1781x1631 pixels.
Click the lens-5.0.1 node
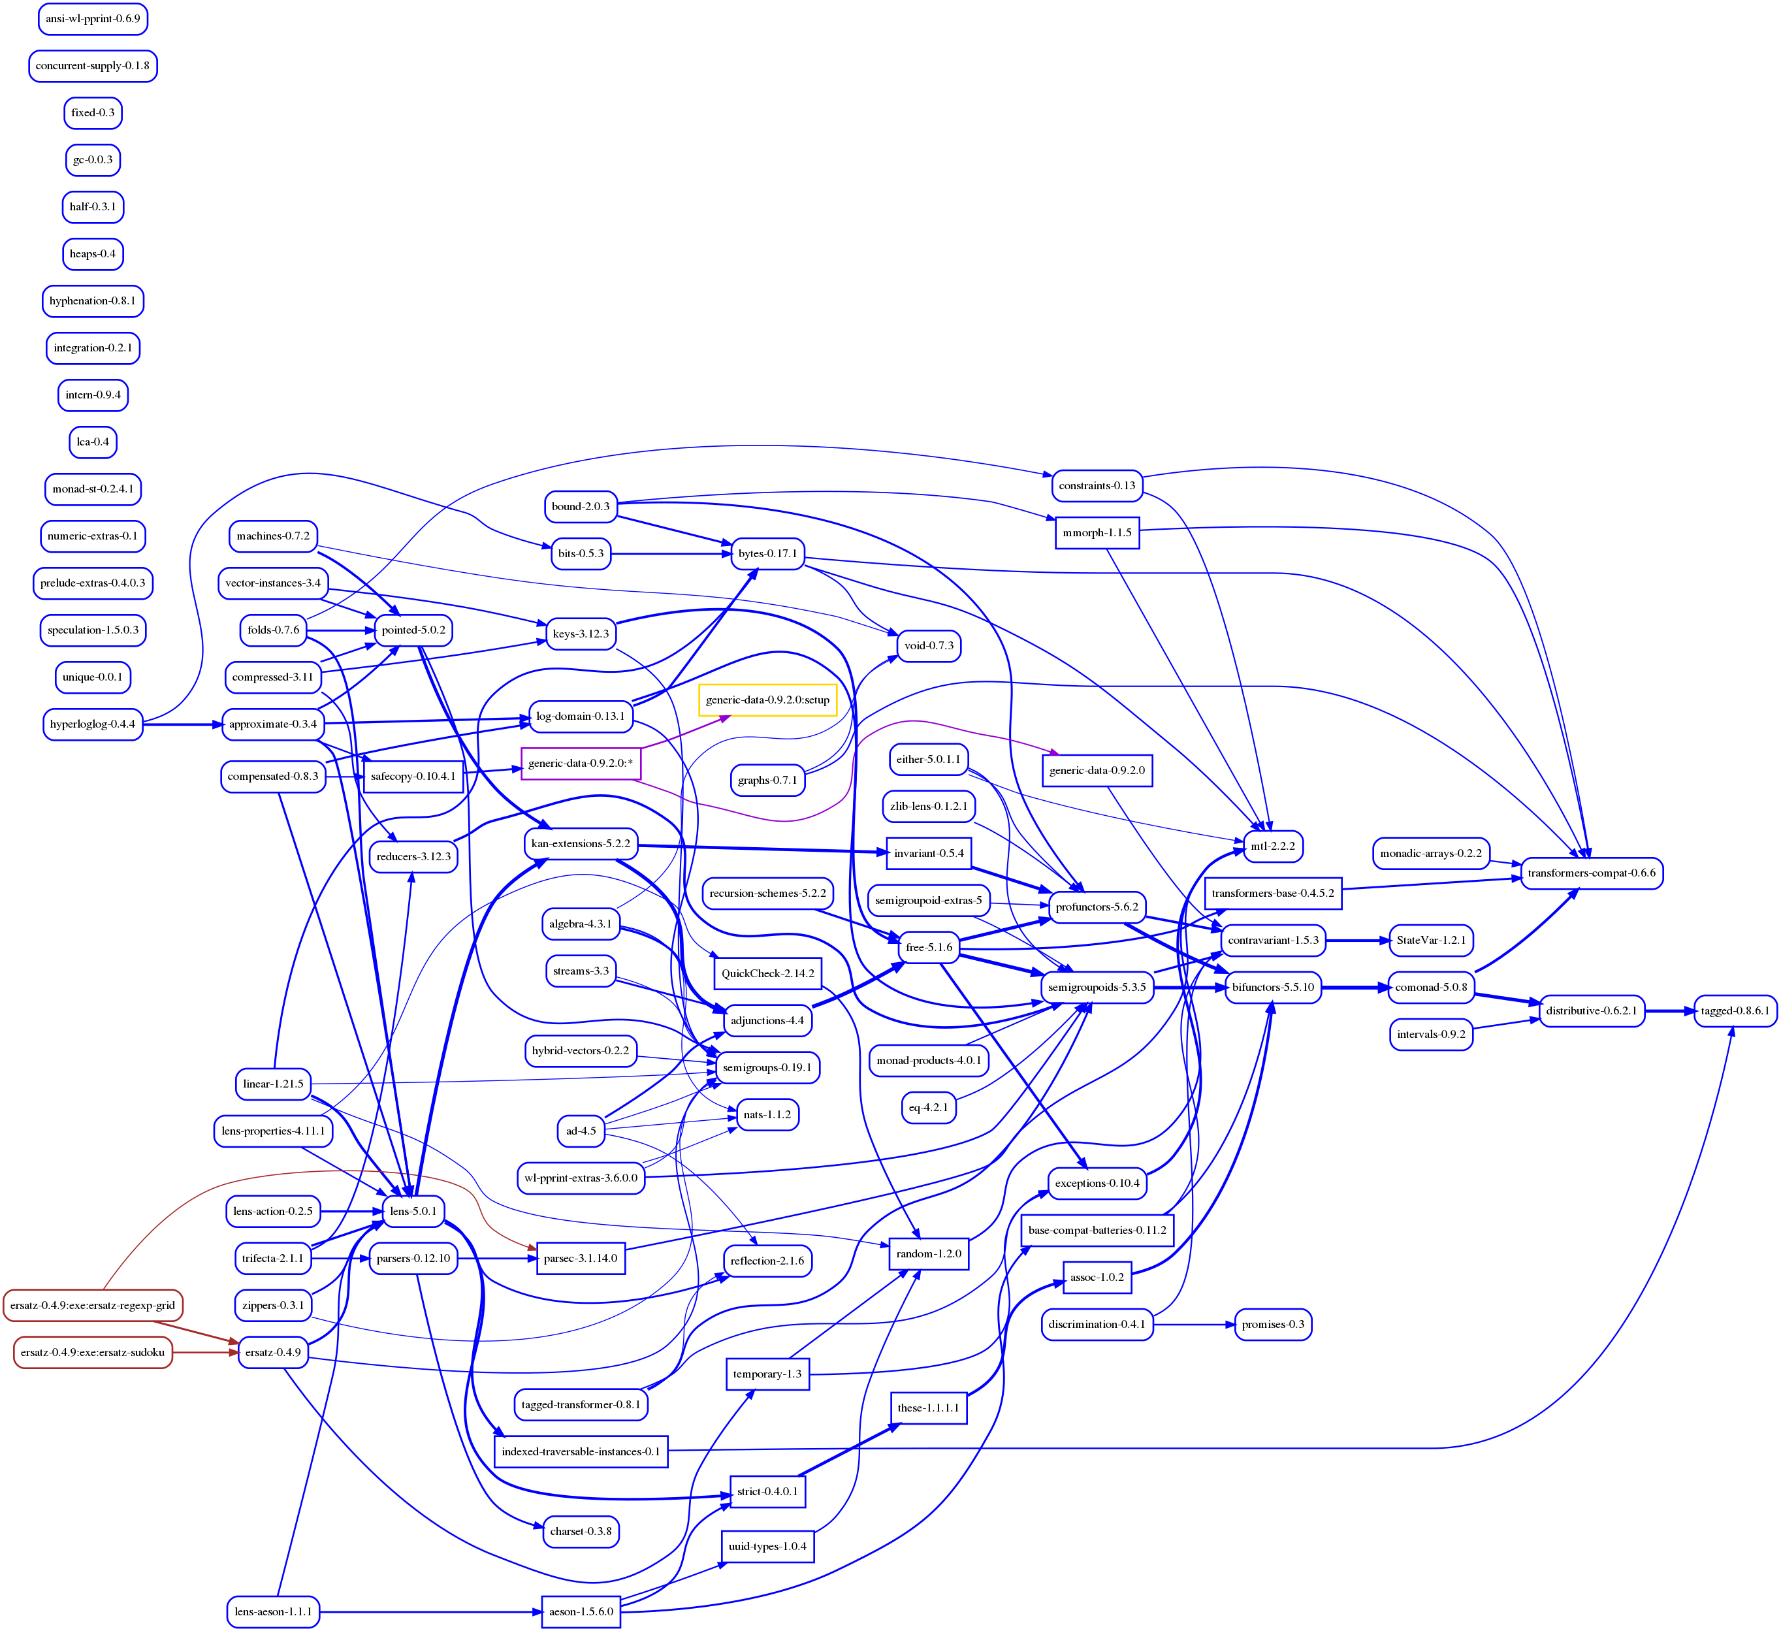pyautogui.click(x=413, y=1210)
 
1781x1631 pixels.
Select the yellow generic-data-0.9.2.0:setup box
pyautogui.click(x=767, y=700)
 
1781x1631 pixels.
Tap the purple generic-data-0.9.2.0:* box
pyautogui.click(x=581, y=764)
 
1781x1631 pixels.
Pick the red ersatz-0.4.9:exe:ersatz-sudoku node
pyautogui.click(x=93, y=1352)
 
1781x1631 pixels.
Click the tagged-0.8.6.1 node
pyautogui.click(x=1735, y=1010)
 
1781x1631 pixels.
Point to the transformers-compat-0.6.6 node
pyautogui.click(x=1591, y=873)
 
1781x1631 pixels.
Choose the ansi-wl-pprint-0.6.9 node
pyautogui.click(x=93, y=18)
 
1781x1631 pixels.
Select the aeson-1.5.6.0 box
pyautogui.click(x=581, y=1611)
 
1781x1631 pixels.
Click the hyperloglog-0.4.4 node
pyautogui.click(x=93, y=724)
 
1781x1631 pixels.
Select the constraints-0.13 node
pyautogui.click(x=1097, y=485)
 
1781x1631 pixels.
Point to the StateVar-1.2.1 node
pyautogui.click(x=1430, y=940)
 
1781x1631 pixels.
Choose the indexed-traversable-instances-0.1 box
pyautogui.click(x=581, y=1451)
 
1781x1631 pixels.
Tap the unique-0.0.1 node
pyautogui.click(x=93, y=677)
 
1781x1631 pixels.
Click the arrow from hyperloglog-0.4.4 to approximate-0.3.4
pyautogui.click(x=182, y=724)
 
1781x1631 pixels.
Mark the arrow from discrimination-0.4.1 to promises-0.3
pyautogui.click(x=1193, y=1325)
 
